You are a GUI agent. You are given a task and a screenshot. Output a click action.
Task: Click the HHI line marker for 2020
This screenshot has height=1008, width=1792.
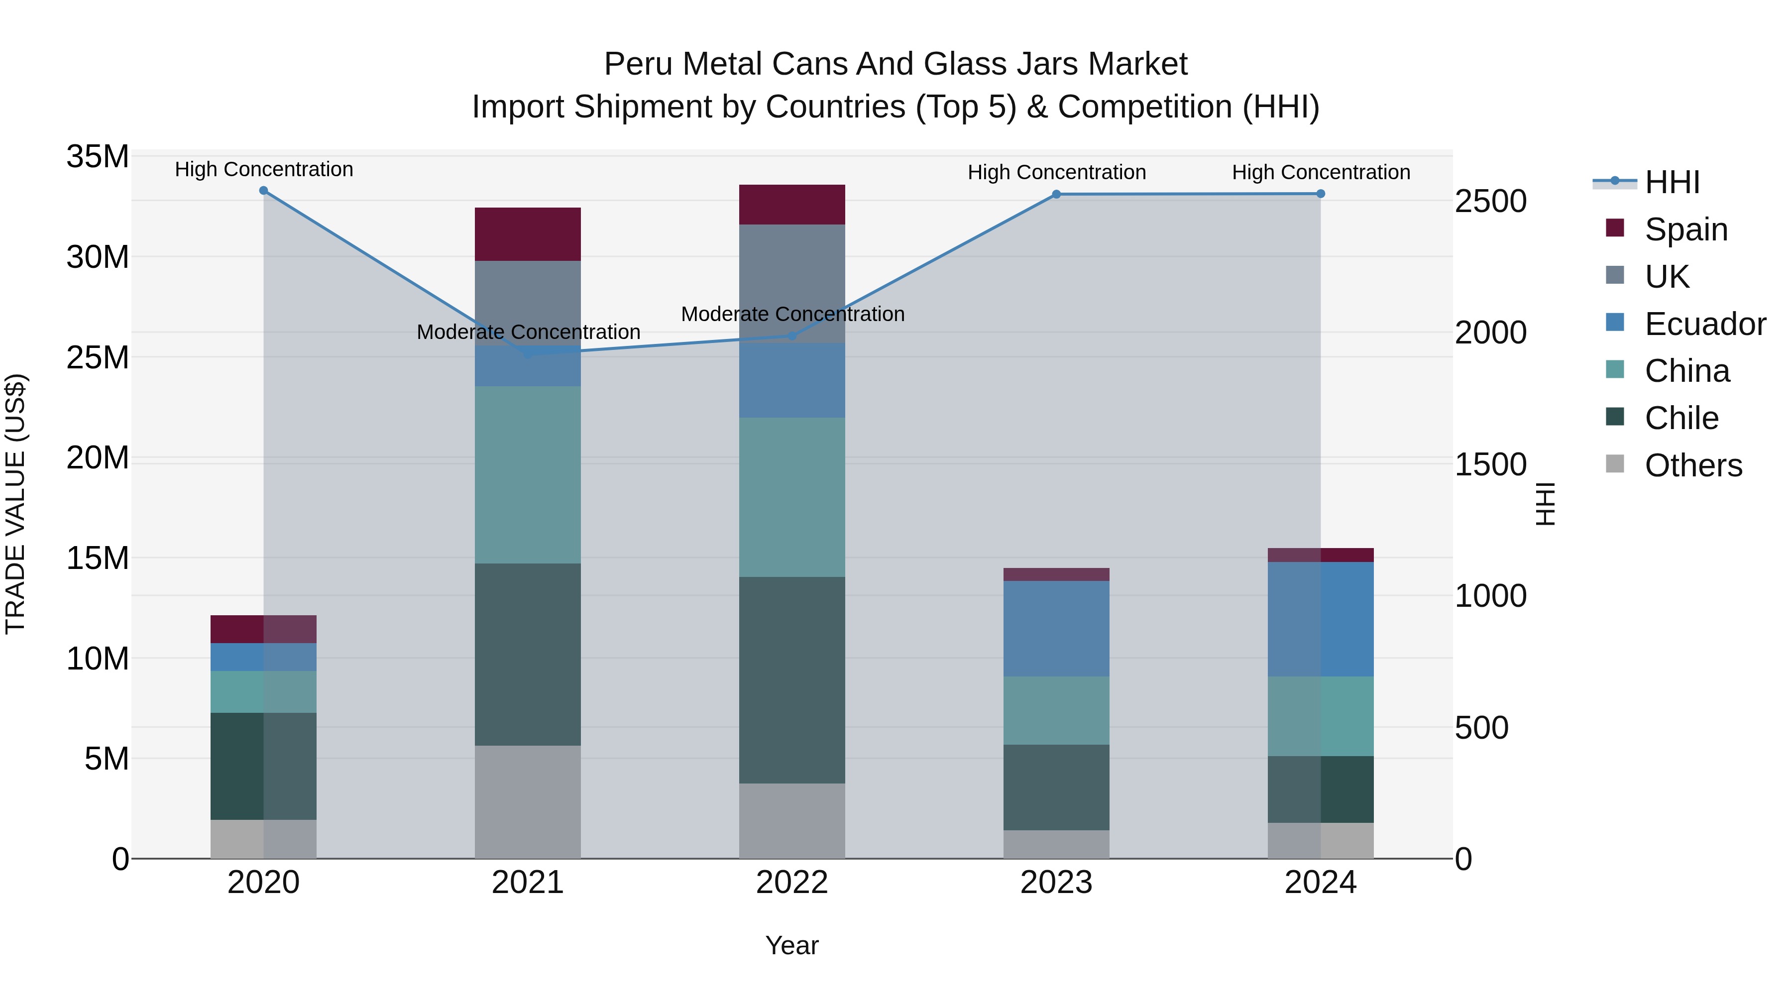pyautogui.click(x=264, y=191)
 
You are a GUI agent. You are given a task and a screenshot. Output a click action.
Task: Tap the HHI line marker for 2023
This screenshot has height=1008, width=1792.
pyautogui.click(x=1056, y=194)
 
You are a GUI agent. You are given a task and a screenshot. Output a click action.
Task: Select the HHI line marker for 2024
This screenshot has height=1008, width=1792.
pyautogui.click(x=1320, y=194)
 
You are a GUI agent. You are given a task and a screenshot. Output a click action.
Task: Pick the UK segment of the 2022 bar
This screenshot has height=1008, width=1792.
pyautogui.click(x=791, y=283)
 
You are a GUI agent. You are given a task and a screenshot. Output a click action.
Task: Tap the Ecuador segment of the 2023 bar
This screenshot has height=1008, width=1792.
pyautogui.click(x=1056, y=628)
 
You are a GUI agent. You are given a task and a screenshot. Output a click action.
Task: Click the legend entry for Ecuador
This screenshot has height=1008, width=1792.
pyautogui.click(x=1704, y=324)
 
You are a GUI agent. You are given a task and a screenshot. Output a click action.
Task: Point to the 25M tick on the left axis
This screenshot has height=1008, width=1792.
pyautogui.click(x=98, y=357)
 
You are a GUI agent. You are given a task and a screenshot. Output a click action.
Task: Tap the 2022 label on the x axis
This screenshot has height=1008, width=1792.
pyautogui.click(x=791, y=883)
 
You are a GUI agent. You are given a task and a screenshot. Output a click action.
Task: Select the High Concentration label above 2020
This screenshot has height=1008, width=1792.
pyautogui.click(x=264, y=169)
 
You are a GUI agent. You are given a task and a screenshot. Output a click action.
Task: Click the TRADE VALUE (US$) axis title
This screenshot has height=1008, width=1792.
pyautogui.click(x=15, y=504)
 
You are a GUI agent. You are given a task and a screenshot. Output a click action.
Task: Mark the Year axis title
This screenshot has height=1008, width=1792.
pyautogui.click(x=791, y=945)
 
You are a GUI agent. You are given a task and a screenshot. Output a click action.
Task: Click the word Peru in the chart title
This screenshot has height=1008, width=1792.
pyautogui.click(x=639, y=64)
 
